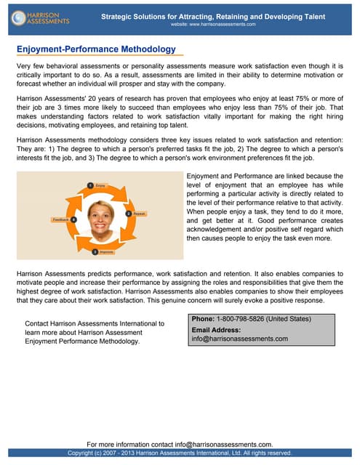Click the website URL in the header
[x=213, y=24]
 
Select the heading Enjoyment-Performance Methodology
[x=96, y=49]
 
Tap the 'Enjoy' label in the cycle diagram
[x=100, y=186]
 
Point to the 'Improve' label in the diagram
[x=106, y=251]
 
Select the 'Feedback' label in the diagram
[x=60, y=219]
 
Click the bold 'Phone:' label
[x=204, y=319]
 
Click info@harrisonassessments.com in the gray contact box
[x=240, y=339]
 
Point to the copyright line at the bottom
[x=180, y=453]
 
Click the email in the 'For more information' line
[x=228, y=443]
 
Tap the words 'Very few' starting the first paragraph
[x=31, y=66]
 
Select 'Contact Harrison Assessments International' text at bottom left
[x=95, y=323]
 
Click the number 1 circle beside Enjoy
[x=89, y=185]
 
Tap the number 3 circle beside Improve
[x=95, y=251]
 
